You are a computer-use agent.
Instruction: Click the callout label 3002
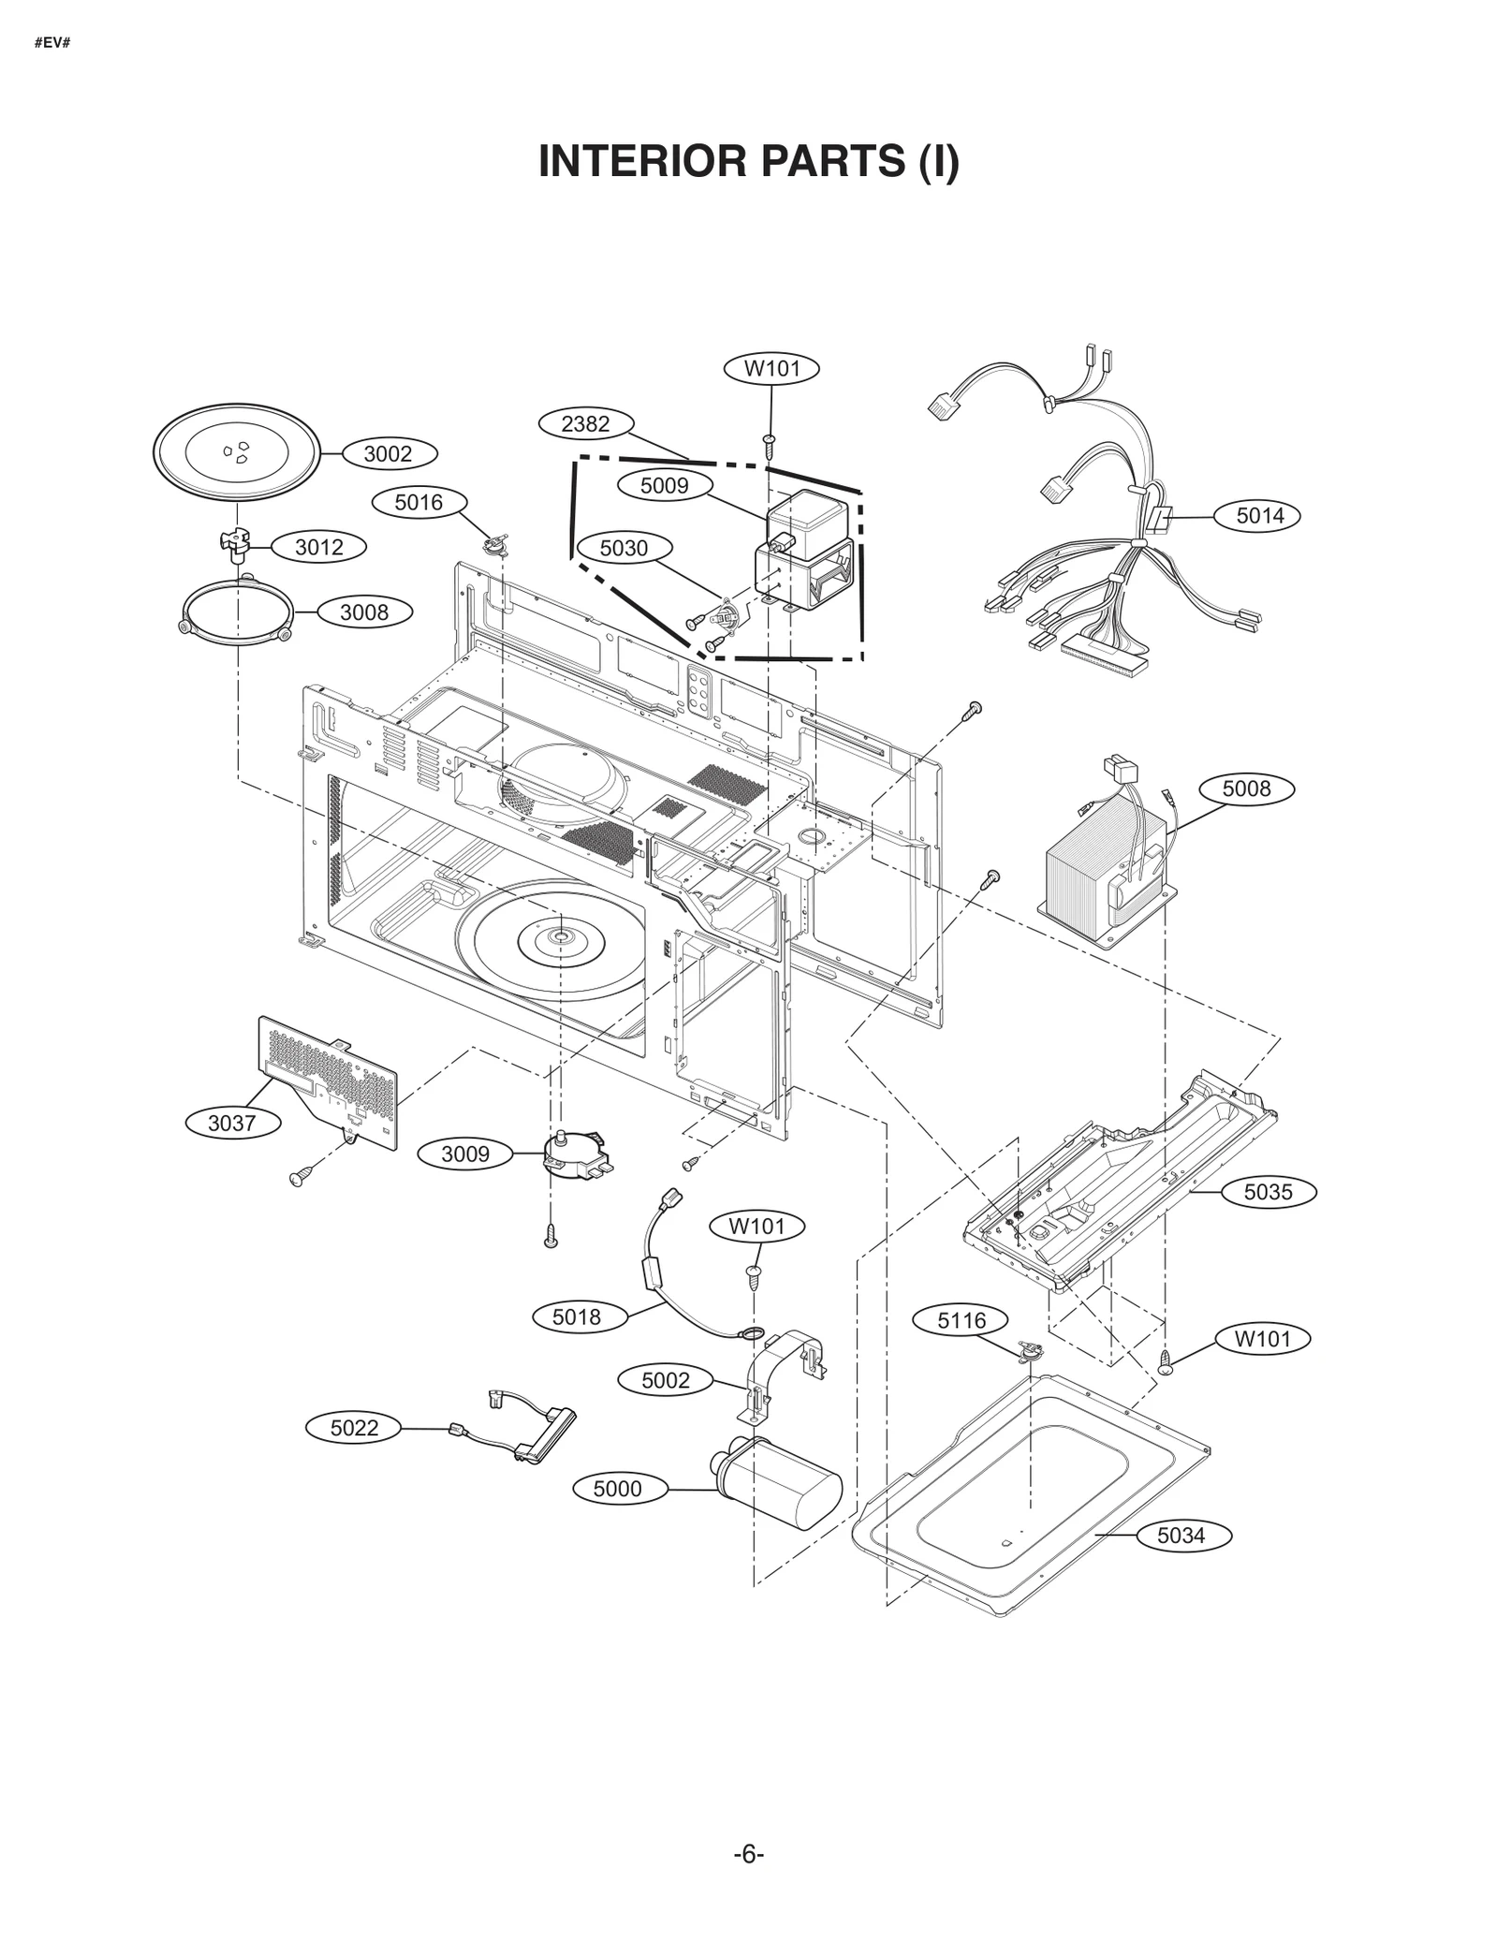click(x=388, y=454)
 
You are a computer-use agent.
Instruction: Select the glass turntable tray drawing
click(x=236, y=452)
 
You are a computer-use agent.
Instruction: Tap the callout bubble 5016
click(x=419, y=503)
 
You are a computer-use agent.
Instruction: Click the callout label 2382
click(x=585, y=424)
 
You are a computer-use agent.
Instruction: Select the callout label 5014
click(x=1259, y=516)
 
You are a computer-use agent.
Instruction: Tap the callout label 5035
click(x=1268, y=1192)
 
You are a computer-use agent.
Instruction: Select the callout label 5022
click(x=354, y=1428)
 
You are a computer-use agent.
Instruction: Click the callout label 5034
click(x=1181, y=1536)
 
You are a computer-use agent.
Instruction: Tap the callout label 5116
click(x=962, y=1320)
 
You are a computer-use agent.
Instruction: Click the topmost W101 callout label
click(x=772, y=369)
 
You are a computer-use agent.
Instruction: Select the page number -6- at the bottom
click(x=748, y=1855)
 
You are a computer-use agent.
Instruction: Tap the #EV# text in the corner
click(x=52, y=42)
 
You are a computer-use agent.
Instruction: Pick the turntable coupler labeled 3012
click(x=237, y=544)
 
